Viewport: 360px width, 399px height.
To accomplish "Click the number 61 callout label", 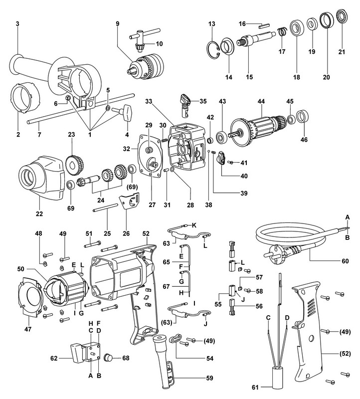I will tap(255, 387).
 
